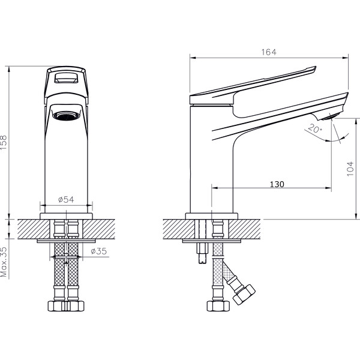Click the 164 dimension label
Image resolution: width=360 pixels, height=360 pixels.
click(x=269, y=52)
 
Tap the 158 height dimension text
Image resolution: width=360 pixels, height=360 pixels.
click(x=4, y=143)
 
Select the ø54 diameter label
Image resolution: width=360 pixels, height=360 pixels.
click(x=66, y=200)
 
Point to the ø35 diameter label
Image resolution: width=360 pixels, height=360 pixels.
click(x=99, y=251)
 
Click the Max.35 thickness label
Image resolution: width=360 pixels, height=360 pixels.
click(x=4, y=262)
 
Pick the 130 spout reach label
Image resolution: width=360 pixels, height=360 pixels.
click(x=277, y=184)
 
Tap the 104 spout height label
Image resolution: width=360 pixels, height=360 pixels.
click(x=350, y=169)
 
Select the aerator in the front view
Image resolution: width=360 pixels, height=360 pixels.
click(x=67, y=115)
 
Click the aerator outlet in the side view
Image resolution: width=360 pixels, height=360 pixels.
click(x=328, y=118)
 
